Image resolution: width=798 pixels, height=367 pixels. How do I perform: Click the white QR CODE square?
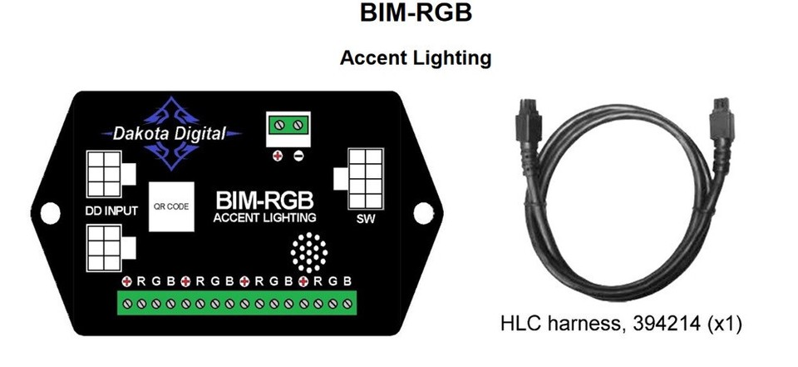click(171, 204)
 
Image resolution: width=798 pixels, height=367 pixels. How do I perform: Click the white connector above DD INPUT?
click(106, 176)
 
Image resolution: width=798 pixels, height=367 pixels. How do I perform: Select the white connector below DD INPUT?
click(106, 247)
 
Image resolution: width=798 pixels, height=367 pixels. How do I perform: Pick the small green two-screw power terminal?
click(288, 126)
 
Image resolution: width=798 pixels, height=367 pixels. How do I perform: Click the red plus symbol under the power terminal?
click(277, 156)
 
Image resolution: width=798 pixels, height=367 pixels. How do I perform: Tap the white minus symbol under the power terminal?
click(298, 156)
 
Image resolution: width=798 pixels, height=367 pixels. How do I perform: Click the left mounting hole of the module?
click(48, 213)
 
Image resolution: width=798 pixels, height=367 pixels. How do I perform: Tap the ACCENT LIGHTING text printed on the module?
click(264, 219)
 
